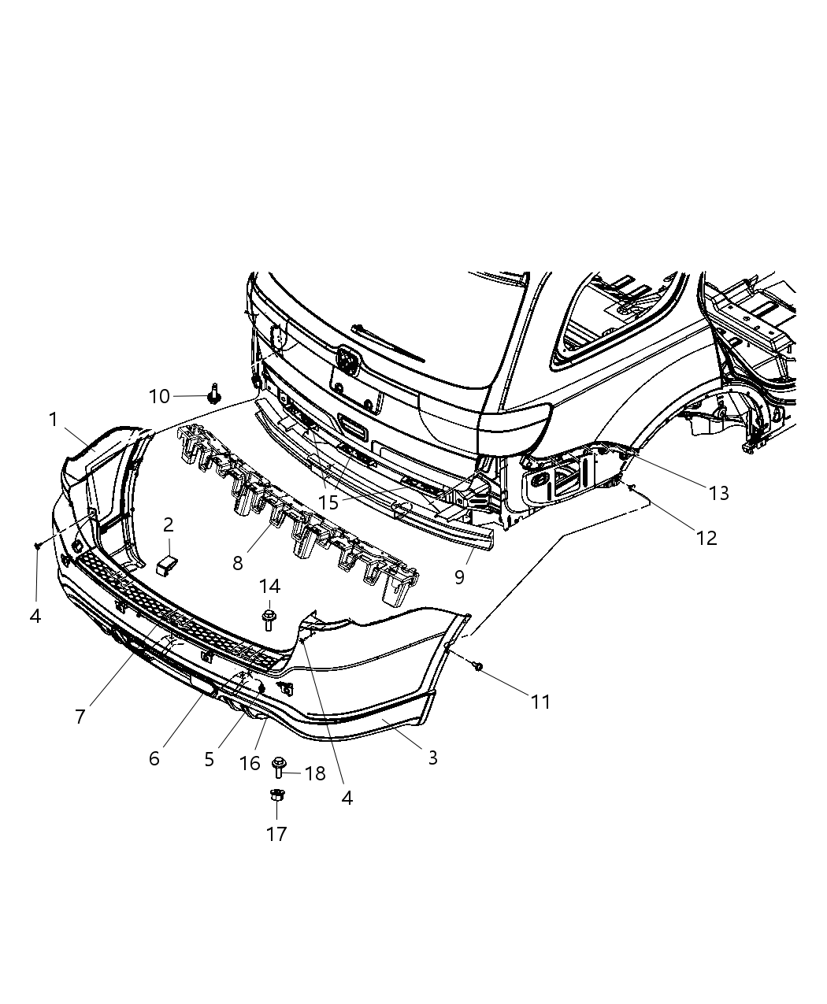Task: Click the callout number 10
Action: pyautogui.click(x=159, y=396)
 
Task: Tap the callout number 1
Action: pyautogui.click(x=54, y=420)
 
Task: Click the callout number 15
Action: pyautogui.click(x=328, y=502)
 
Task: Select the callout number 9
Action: pyautogui.click(x=459, y=576)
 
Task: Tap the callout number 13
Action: pyautogui.click(x=718, y=493)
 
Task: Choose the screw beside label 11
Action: pyautogui.click(x=478, y=667)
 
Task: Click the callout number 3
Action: pyautogui.click(x=432, y=758)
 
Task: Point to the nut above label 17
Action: pyautogui.click(x=276, y=795)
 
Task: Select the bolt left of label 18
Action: pyautogui.click(x=278, y=766)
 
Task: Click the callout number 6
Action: pyautogui.click(x=154, y=758)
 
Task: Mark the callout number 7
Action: pyautogui.click(x=80, y=717)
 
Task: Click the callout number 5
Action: pyautogui.click(x=209, y=759)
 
